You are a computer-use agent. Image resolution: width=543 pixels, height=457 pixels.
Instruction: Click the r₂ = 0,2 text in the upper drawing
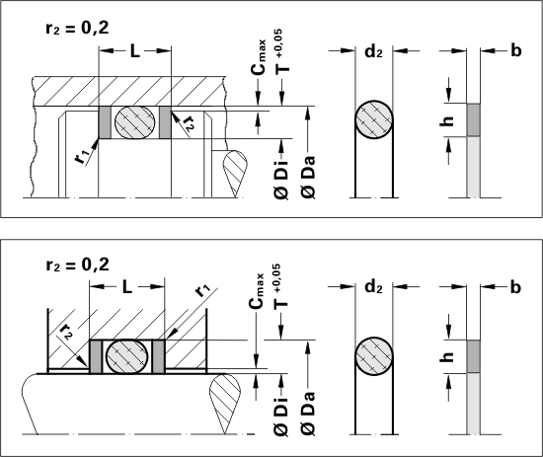click(77, 28)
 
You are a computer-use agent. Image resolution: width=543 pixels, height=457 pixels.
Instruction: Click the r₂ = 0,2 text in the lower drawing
click(77, 265)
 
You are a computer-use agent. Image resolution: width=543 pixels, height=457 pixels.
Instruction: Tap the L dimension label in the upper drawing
click(134, 51)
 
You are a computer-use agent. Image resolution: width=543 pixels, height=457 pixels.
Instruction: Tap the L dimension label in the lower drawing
click(127, 287)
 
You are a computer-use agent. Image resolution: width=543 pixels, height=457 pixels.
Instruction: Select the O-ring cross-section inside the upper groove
click(134, 122)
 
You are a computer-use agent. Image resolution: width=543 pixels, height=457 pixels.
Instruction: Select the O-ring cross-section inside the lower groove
click(126, 356)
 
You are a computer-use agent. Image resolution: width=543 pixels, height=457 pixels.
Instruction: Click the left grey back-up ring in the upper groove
click(105, 121)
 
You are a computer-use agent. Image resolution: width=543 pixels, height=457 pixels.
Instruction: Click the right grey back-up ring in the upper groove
click(165, 121)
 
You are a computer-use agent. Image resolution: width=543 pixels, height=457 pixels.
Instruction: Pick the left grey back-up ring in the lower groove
click(96, 357)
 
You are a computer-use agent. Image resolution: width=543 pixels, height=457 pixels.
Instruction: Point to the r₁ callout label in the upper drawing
click(82, 157)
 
